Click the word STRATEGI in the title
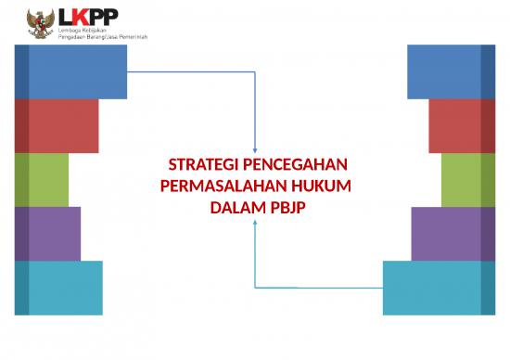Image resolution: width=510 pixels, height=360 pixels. click(198, 166)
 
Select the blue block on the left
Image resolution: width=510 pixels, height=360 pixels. click(70, 71)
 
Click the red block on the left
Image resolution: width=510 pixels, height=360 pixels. click(57, 125)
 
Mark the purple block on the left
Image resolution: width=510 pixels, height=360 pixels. click(47, 234)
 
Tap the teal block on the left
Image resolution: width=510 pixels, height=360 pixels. click(58, 288)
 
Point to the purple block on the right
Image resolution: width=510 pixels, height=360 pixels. click(453, 234)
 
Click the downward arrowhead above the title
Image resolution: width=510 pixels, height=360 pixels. click(255, 141)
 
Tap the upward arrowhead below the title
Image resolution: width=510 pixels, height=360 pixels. click(255, 223)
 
